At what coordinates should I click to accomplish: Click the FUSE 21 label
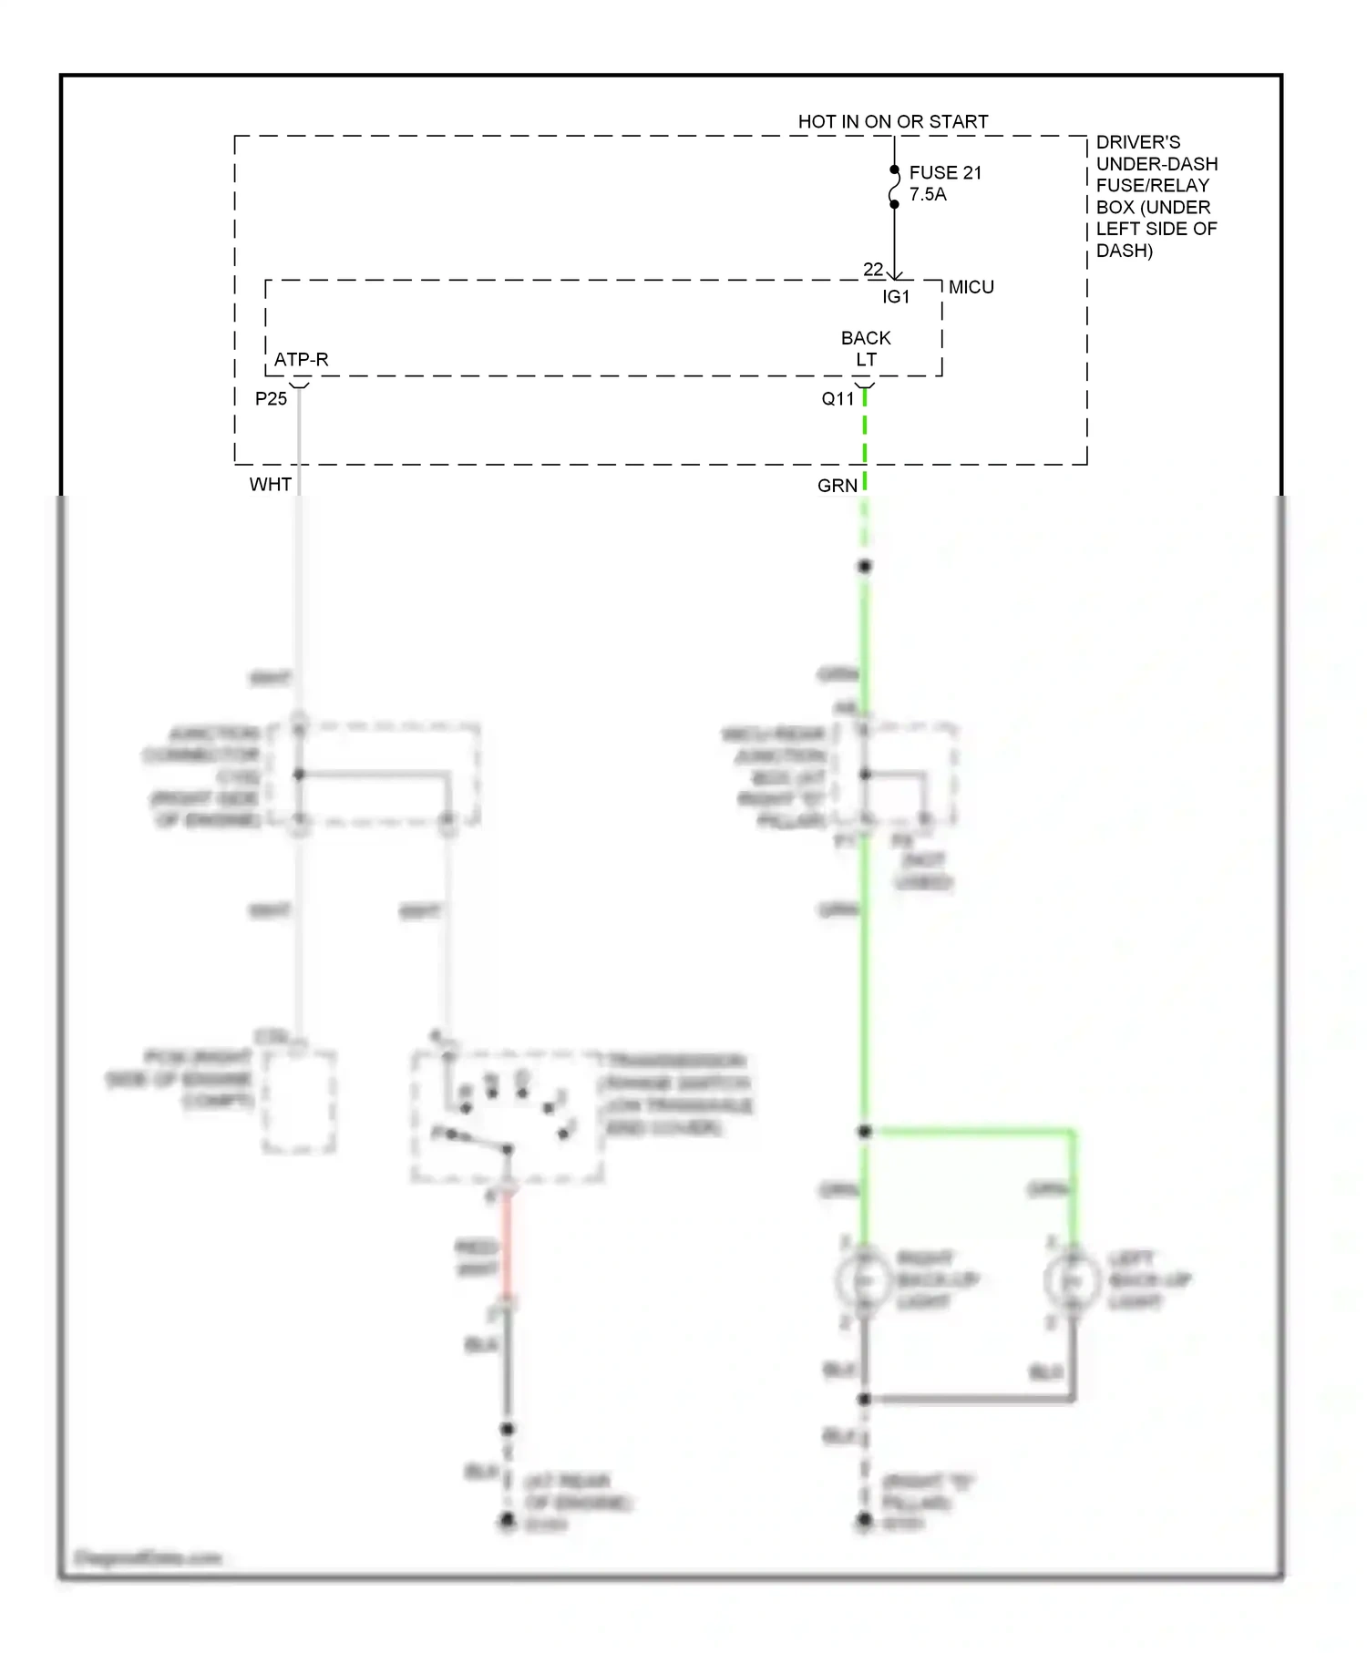point(945,172)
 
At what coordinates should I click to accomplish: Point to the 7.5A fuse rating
point(928,194)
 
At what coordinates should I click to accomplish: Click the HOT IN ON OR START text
point(892,121)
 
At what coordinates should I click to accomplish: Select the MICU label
point(971,287)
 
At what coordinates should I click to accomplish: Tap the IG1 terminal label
point(896,297)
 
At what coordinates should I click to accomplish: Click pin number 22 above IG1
point(873,270)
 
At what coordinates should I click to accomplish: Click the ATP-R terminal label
point(301,360)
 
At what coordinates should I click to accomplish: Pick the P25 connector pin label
point(271,399)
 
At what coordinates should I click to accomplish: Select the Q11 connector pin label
point(838,399)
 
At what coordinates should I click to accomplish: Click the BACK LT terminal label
point(866,349)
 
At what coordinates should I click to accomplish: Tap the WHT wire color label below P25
point(271,485)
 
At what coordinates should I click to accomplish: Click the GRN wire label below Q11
point(838,486)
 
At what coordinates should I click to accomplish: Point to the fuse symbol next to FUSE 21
point(894,187)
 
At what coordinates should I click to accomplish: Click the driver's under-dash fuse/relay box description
point(1156,196)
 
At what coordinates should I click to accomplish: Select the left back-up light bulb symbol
point(1073,1281)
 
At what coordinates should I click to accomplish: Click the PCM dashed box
point(300,1102)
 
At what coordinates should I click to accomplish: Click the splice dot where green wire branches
point(865,1132)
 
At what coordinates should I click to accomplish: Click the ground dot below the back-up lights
point(864,1520)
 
